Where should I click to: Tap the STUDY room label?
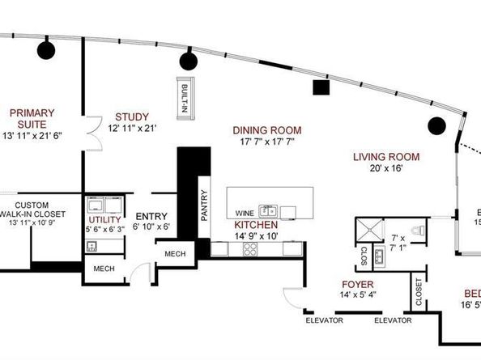pos(131,116)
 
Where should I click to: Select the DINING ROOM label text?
pos(266,129)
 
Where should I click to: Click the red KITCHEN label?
pos(257,224)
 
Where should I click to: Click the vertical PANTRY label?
pos(205,205)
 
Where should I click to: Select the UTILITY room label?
pos(104,220)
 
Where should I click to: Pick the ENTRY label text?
pos(151,216)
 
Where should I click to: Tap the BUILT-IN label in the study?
pos(185,95)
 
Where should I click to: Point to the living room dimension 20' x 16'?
pos(383,168)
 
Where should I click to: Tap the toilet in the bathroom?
pos(415,231)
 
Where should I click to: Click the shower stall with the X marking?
pos(367,230)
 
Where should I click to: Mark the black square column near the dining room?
pos(321,87)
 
